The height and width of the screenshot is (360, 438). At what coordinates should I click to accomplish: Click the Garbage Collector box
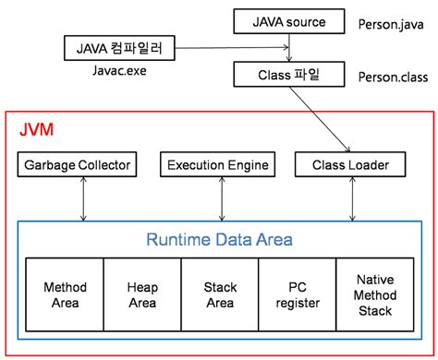(77, 166)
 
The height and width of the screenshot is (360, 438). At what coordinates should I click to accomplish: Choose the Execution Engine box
(218, 166)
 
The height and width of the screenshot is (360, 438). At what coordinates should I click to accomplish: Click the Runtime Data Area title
(219, 240)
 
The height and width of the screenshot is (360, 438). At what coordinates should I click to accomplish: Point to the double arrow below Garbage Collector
(84, 199)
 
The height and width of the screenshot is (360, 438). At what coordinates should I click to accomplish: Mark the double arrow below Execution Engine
(219, 199)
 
